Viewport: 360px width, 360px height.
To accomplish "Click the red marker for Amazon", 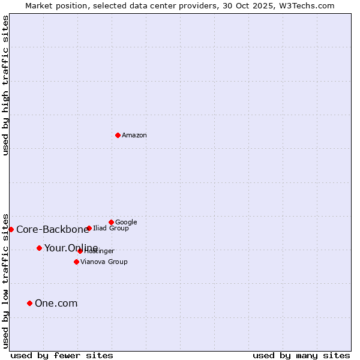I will click(x=118, y=135).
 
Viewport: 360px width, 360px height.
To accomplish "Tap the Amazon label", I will click(x=134, y=136).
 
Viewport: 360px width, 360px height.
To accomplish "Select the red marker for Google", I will click(x=111, y=222).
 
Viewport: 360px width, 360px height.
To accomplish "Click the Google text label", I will click(x=126, y=223).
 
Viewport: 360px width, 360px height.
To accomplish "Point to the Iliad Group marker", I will click(x=89, y=228).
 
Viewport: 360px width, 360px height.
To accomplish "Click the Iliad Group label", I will click(x=111, y=229).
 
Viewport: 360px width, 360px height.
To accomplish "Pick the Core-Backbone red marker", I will click(x=11, y=229).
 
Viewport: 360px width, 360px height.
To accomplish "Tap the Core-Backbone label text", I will click(x=52, y=229).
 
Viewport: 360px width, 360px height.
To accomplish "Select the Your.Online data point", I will click(x=39, y=248).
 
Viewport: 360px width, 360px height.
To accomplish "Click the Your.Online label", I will click(x=71, y=248).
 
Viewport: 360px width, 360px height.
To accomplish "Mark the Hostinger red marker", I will click(x=80, y=251).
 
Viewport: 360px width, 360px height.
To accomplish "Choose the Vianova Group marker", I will click(x=76, y=262).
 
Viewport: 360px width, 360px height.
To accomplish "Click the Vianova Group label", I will click(x=104, y=262).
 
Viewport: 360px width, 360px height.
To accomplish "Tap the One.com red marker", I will click(x=29, y=303).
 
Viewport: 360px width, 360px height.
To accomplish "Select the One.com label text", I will click(x=56, y=303).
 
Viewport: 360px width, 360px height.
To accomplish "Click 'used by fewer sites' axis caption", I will click(x=62, y=355).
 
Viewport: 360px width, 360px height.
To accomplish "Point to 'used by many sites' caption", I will click(x=301, y=355).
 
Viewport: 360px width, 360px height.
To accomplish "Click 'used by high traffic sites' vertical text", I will click(x=5, y=86).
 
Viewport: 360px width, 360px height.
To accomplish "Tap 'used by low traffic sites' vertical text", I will click(x=5, y=280).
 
